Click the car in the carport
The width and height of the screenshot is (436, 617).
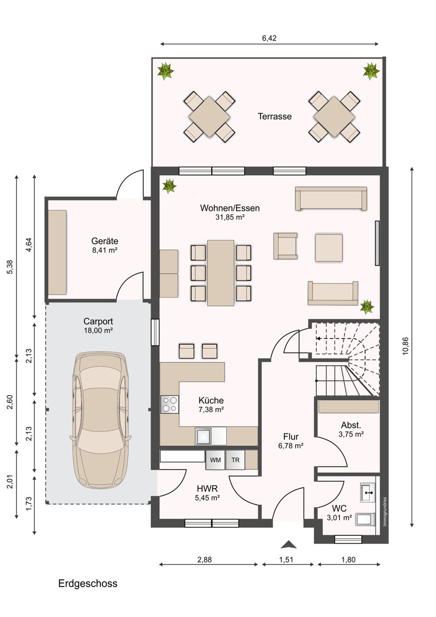point(101,420)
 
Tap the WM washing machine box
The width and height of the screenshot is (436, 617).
point(215,460)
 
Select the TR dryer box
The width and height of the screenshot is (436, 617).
point(235,460)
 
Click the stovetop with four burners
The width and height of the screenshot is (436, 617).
point(170,404)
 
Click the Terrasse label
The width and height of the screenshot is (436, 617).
point(275,116)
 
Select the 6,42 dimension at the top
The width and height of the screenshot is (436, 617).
point(269,38)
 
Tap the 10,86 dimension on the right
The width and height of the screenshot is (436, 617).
point(406,346)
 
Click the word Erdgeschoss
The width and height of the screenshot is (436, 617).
point(88,584)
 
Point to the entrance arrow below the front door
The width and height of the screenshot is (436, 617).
point(288,545)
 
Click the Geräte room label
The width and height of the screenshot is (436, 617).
point(105,241)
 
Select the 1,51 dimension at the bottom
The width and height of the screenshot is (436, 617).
point(286,559)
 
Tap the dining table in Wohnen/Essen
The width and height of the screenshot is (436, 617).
point(221,273)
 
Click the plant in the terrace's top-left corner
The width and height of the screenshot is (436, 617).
point(166,71)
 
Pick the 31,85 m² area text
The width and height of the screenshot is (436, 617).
point(230,217)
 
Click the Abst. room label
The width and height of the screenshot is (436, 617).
point(351,425)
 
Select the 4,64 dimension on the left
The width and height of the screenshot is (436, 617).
point(29,245)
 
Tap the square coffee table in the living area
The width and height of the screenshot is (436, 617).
point(329,248)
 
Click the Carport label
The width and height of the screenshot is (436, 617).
point(98,321)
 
